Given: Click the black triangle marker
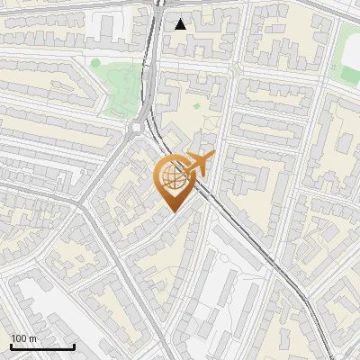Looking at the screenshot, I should point(181,24).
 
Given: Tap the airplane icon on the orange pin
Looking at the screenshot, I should point(195,164).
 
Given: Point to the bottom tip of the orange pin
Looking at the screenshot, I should point(172,212).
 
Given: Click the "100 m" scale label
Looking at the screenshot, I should point(23,338).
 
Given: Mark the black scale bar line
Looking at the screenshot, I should point(42,346).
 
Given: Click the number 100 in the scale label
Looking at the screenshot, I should point(19,338).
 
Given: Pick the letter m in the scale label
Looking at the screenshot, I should point(32,338).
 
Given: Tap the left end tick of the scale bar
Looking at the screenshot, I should point(11,345).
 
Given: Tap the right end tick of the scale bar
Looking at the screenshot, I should point(74,345).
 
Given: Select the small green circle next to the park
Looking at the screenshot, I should point(95,63).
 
